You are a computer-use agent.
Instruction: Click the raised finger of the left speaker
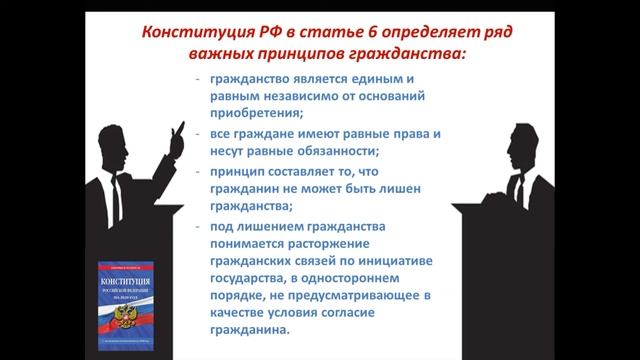pos(181,126)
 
